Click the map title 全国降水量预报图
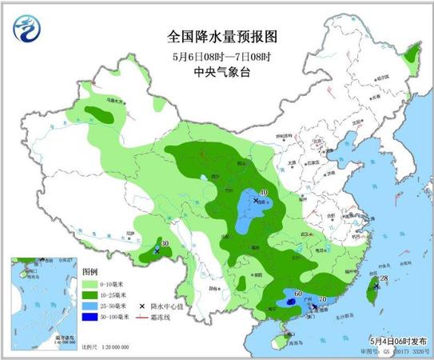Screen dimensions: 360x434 [x=217, y=36]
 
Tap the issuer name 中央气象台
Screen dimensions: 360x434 [x=217, y=72]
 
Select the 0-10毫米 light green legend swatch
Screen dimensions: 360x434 [x=92, y=284]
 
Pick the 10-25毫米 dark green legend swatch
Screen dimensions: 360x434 [x=92, y=295]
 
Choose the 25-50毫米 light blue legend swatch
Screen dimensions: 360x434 [x=92, y=306]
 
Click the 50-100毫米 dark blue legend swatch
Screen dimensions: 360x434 [x=92, y=318]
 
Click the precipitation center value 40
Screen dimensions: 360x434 [x=264, y=192]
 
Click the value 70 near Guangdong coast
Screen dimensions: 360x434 [x=322, y=300]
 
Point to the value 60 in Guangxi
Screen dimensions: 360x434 [x=298, y=294]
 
